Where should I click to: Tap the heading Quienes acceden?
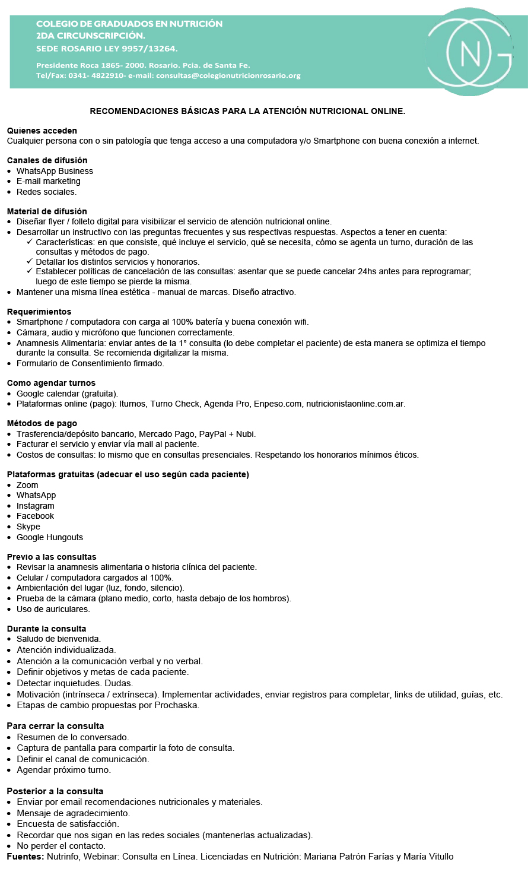click(x=42, y=131)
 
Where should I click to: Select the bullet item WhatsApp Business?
click(x=55, y=171)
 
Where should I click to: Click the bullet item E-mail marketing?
click(x=48, y=181)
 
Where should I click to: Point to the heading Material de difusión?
click(x=47, y=211)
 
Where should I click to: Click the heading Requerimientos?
click(x=39, y=312)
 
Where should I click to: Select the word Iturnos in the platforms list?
click(x=132, y=404)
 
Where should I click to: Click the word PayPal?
click(x=213, y=434)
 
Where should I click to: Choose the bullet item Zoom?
click(x=27, y=485)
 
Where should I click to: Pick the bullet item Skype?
click(x=28, y=527)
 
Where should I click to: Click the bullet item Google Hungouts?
click(x=50, y=537)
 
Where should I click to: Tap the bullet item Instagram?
click(x=35, y=506)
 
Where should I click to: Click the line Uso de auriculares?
click(x=53, y=609)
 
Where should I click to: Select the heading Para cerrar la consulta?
click(x=55, y=726)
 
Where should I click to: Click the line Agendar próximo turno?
click(x=63, y=770)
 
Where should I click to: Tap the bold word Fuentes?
click(x=26, y=857)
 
